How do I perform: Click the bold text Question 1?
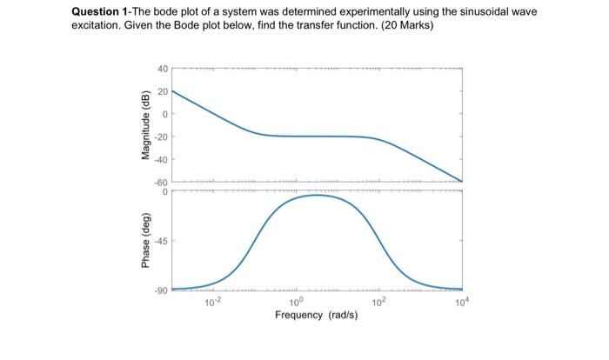pyautogui.click(x=101, y=13)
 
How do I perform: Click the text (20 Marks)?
pyautogui.click(x=404, y=27)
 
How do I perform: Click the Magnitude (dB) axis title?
pyautogui.click(x=145, y=125)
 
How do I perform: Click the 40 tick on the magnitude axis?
pyautogui.click(x=161, y=69)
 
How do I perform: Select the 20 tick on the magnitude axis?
pyautogui.click(x=161, y=91)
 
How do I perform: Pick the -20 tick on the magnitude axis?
pyautogui.click(x=161, y=137)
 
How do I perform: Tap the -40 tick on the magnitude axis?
pyautogui.click(x=161, y=159)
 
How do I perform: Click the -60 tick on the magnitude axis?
pyautogui.click(x=161, y=181)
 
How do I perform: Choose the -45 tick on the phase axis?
pyautogui.click(x=161, y=241)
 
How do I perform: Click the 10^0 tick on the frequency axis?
pyautogui.click(x=296, y=302)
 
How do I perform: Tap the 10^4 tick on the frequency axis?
pyautogui.click(x=461, y=302)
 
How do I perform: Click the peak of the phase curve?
pyautogui.click(x=318, y=195)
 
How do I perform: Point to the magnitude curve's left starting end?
pyautogui.click(x=172, y=90)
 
